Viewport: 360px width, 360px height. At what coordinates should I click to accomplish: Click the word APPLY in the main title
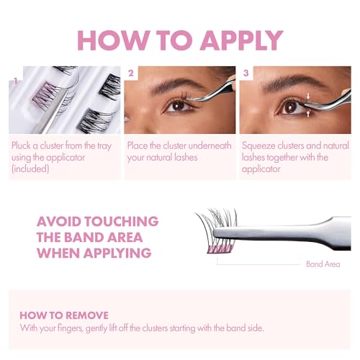pos(242,40)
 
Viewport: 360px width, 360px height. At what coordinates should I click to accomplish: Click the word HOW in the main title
pos(112,40)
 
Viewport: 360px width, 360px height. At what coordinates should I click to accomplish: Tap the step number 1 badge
pos(16,81)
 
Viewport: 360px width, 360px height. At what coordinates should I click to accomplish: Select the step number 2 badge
pos(131,73)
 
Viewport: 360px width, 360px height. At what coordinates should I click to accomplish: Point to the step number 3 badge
pos(246,73)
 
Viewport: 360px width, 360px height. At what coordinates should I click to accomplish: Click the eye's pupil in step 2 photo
pos(178,106)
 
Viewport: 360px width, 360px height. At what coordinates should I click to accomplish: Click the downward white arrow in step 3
pos(308,96)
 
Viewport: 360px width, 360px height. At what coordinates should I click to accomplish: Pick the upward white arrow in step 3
pos(308,113)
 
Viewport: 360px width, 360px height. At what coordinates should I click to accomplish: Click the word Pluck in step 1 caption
pos(21,145)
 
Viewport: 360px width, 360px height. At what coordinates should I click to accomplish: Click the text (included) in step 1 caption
pos(30,169)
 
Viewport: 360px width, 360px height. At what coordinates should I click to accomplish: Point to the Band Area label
pos(323,264)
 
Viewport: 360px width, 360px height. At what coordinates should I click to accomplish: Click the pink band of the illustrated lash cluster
pos(220,249)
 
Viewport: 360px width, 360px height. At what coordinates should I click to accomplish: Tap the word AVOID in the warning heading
pos(59,221)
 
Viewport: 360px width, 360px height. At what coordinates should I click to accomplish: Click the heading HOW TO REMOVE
pos(64,315)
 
